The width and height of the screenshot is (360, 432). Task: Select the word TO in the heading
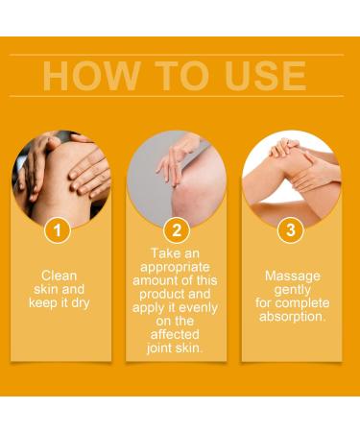[169, 76]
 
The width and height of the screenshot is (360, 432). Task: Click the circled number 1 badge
[60, 230]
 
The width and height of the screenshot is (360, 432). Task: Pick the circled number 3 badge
[290, 230]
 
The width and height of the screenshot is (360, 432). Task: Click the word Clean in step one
[60, 275]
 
